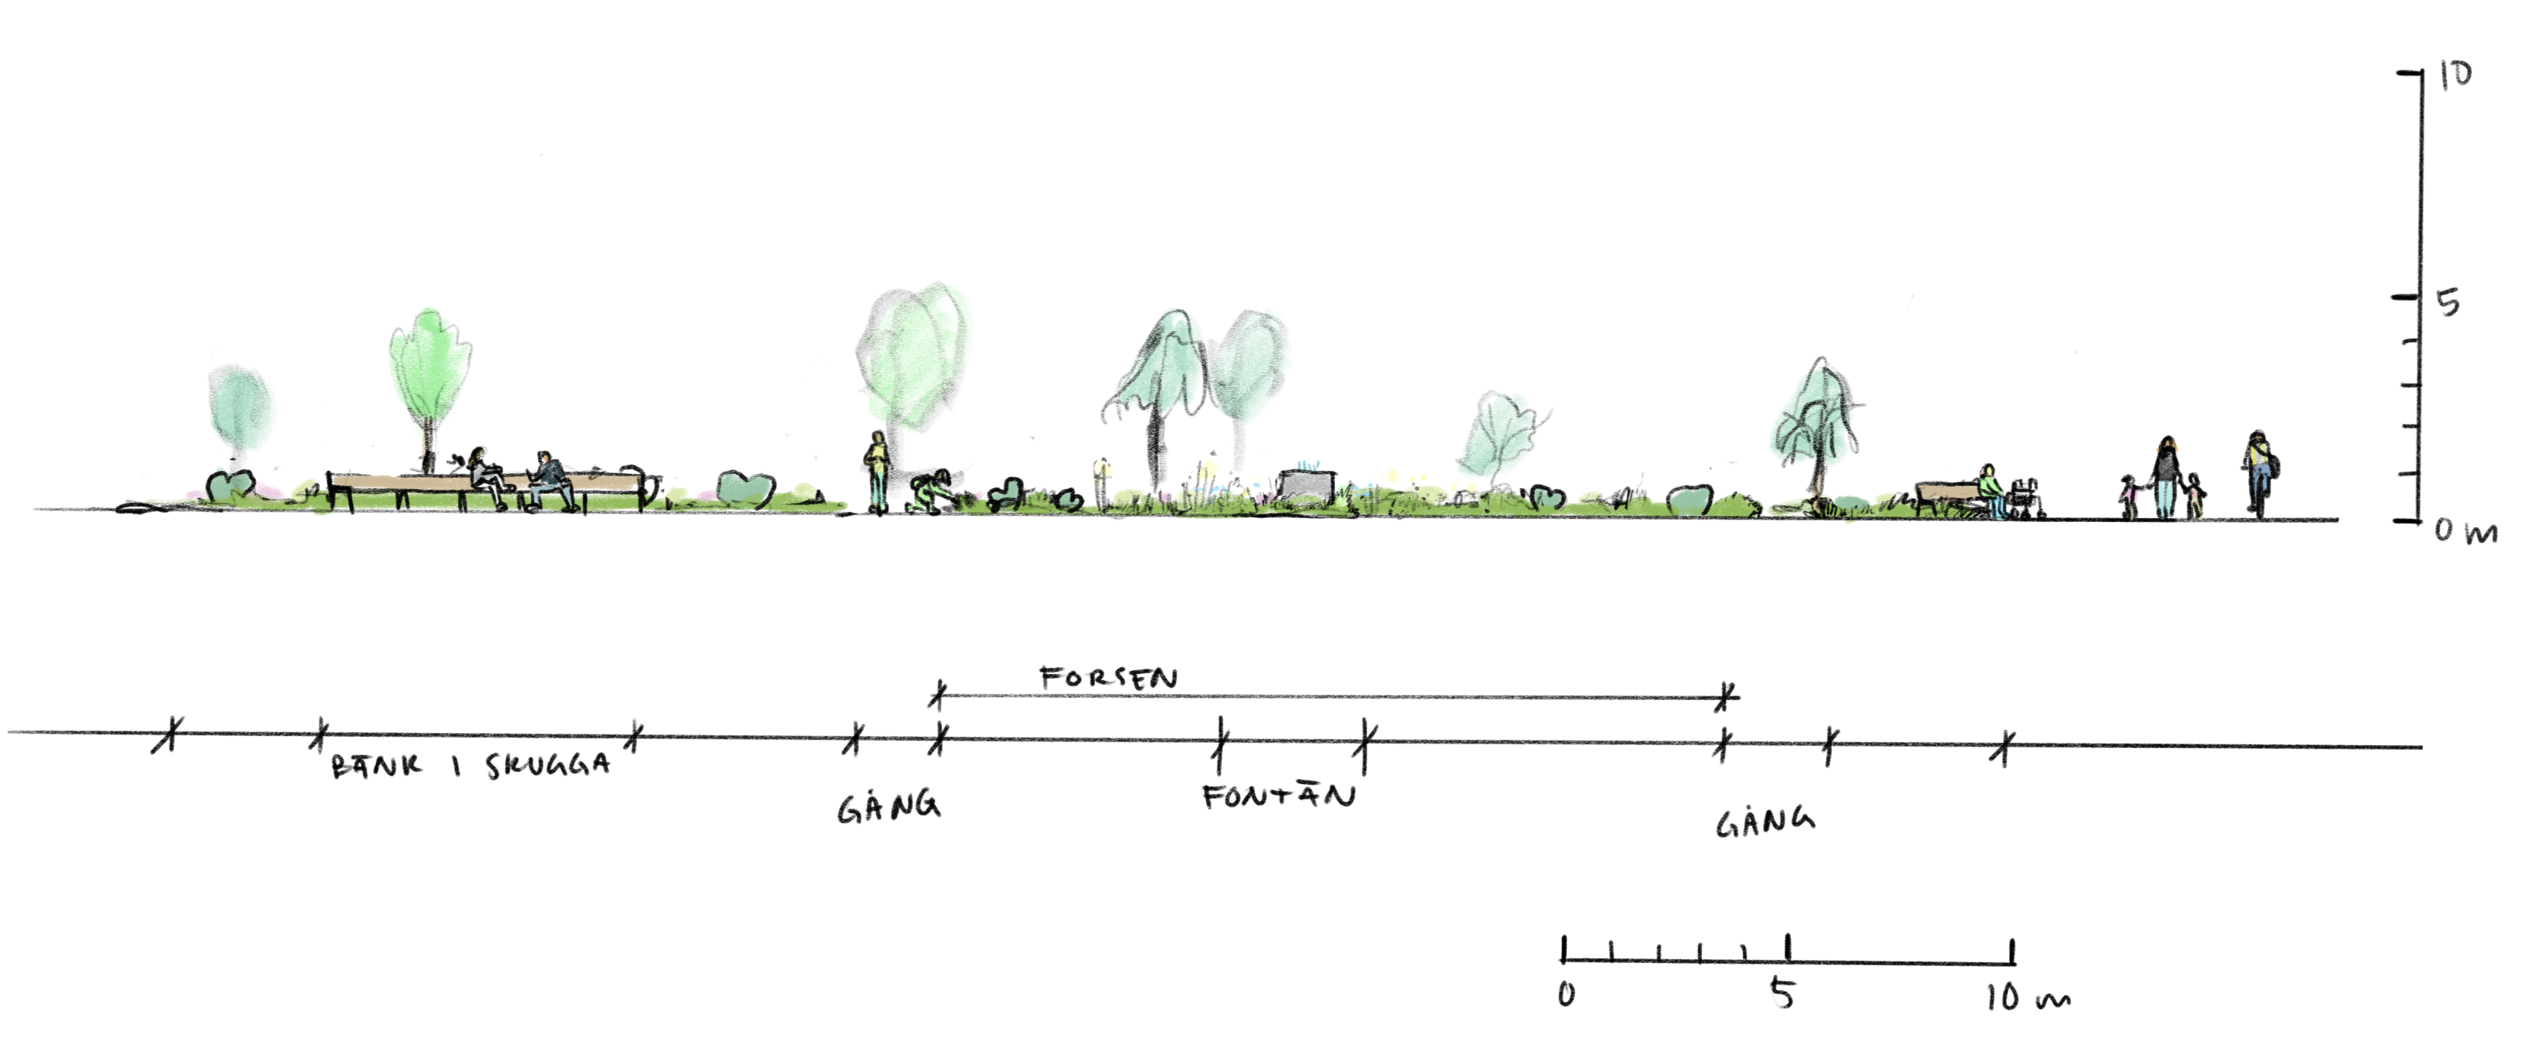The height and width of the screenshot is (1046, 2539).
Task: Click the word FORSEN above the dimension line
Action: click(x=1108, y=678)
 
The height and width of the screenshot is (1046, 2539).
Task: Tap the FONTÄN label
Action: click(x=1278, y=796)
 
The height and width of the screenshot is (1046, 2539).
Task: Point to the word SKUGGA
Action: click(x=547, y=766)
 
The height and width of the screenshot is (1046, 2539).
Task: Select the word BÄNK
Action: click(x=376, y=766)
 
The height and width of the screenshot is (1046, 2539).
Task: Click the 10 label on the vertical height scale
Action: click(x=2455, y=75)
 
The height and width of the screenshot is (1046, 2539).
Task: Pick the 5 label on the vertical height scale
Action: click(x=2448, y=302)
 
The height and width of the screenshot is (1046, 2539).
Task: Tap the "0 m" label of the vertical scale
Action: click(x=2465, y=532)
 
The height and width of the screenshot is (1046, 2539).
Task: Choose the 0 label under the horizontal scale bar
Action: click(x=1566, y=994)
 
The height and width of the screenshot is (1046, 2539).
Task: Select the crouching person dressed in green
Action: click(x=928, y=492)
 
